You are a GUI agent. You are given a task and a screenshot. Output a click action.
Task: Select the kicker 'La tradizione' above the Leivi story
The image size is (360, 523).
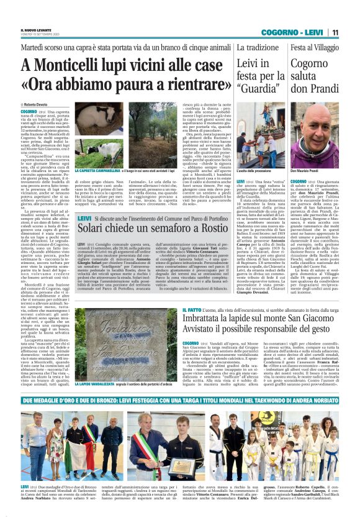click(x=258, y=47)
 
